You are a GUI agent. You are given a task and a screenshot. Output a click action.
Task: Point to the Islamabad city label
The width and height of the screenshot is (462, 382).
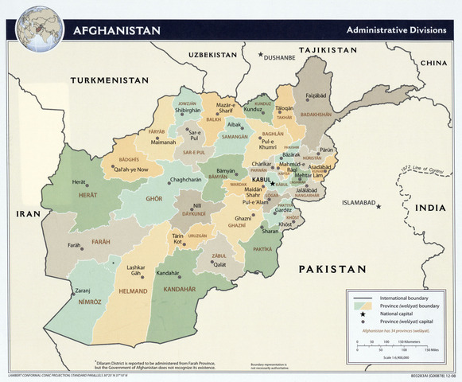(x=358, y=202)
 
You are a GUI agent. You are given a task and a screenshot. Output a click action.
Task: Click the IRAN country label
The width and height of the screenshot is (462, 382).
(x=28, y=213)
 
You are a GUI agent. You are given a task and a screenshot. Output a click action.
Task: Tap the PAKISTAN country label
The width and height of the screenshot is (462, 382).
(x=332, y=270)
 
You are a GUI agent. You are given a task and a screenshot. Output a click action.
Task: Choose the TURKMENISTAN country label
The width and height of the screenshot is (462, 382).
(x=109, y=80)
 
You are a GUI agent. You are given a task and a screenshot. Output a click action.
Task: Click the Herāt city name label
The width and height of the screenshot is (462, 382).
(x=80, y=181)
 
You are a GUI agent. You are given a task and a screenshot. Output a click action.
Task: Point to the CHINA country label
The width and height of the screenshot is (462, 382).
(x=433, y=62)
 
